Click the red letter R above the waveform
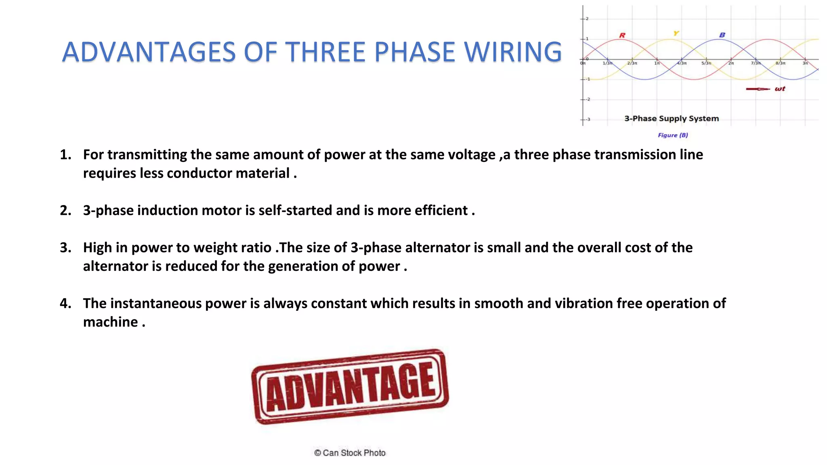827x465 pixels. click(622, 36)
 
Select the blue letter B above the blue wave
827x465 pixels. click(722, 35)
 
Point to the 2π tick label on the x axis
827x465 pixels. click(731, 63)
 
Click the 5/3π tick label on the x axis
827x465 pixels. click(706, 63)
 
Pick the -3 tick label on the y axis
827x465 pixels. click(588, 119)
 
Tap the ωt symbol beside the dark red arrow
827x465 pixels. click(780, 89)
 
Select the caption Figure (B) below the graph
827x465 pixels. click(673, 135)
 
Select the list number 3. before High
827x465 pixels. click(65, 247)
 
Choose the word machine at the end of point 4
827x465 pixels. click(111, 322)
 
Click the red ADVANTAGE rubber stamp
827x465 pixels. click(350, 386)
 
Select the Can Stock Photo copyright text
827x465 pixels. click(350, 453)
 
